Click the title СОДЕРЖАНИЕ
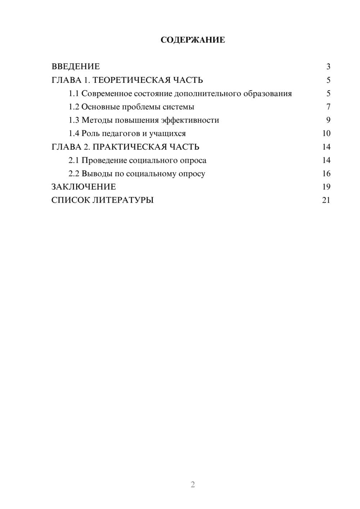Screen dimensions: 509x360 193,40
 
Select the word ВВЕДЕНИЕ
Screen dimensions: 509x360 76,67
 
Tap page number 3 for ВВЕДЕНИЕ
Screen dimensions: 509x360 328,67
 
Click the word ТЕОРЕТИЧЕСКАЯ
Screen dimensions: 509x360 131,80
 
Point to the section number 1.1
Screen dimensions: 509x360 74,94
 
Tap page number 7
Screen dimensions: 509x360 328,107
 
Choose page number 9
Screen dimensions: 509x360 328,120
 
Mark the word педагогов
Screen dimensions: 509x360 121,134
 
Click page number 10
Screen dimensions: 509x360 326,134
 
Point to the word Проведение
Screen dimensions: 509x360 104,160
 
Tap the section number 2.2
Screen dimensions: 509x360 74,174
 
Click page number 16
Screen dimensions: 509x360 326,174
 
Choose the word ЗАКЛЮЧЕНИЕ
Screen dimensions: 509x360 84,187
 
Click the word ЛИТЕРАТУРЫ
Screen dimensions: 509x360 123,200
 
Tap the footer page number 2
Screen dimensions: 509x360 193,485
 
